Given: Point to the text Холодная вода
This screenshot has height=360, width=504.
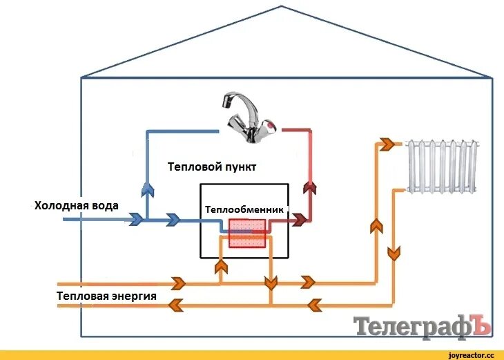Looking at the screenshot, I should [77, 205].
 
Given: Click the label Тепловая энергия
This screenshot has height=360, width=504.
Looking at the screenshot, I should [106, 296].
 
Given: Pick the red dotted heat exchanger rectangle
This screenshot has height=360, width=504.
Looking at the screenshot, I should [246, 233].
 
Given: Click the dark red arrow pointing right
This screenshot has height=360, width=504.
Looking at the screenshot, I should [299, 220].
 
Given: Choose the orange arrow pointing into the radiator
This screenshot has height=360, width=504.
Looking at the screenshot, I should [387, 144].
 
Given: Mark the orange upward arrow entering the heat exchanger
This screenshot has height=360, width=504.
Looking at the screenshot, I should [220, 267].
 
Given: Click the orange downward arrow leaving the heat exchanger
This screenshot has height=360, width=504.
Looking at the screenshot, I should [271, 282].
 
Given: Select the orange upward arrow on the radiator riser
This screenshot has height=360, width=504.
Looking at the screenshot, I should [376, 225].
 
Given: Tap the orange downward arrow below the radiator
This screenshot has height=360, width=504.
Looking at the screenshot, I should [394, 253].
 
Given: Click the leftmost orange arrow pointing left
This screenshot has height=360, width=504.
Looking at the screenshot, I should [177, 303].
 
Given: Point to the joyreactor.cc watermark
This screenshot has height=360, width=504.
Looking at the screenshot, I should [471, 354].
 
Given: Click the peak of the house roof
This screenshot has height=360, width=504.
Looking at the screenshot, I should [281, 6].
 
